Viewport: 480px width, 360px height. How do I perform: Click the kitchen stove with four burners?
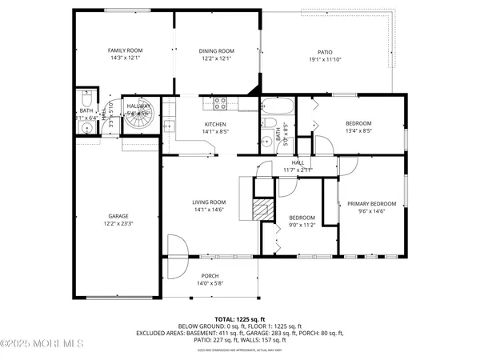point(222,102)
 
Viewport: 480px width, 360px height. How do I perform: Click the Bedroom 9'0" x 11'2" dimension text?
point(302,226)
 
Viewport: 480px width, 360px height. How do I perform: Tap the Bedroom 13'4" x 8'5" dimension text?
point(358,130)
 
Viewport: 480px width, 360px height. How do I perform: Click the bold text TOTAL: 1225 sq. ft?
point(240,318)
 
